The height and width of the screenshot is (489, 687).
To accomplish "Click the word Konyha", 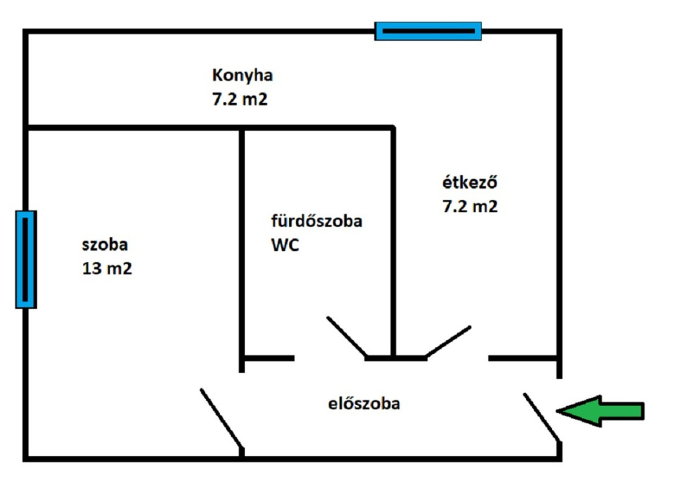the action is point(242,76).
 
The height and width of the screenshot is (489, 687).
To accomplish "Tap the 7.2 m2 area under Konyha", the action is point(240,99).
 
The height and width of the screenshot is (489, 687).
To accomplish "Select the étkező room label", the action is point(470,182).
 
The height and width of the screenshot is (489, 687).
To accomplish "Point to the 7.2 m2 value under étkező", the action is point(470,206).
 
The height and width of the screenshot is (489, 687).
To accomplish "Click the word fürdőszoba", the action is point(317,220).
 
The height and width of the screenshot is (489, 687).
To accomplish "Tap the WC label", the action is point(284,244).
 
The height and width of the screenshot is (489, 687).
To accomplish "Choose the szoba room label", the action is point(105,244).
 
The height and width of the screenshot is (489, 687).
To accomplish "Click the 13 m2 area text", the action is point(107,268).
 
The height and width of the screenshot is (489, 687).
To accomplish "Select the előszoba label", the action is point(364,404).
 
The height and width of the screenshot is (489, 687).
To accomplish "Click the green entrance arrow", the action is point(600,411).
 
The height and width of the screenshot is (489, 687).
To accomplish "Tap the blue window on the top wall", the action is point(428,31).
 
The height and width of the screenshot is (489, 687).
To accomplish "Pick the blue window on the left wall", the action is point(26,259).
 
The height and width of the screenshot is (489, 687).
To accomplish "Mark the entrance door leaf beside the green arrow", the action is point(541,417).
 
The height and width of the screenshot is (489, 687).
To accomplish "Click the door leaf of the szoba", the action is point(221,418).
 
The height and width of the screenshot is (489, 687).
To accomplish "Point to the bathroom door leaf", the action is point(347,337).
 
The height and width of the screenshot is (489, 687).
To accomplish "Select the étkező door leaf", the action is point(447,341).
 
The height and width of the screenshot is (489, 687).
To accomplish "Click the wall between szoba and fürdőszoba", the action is point(242,250).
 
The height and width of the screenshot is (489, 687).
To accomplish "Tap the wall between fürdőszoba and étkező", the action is point(393,242).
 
